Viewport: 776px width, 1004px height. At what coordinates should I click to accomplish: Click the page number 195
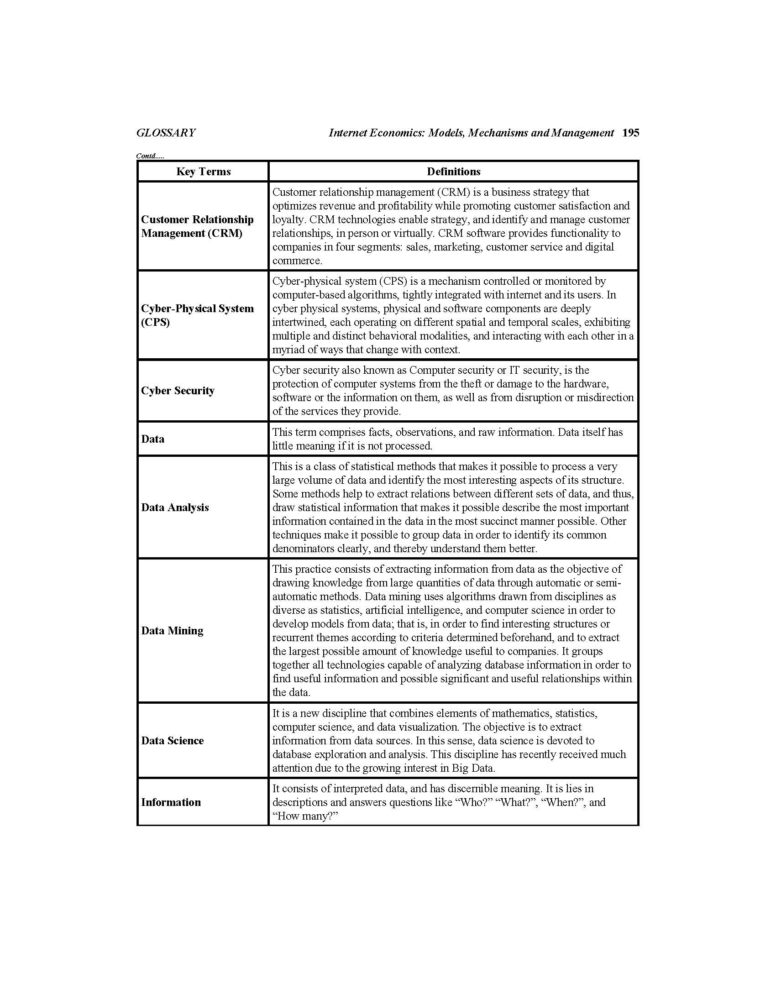pos(630,133)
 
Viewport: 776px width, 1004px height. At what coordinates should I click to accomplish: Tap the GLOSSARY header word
pos(166,133)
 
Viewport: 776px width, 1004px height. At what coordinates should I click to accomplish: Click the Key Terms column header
pos(203,172)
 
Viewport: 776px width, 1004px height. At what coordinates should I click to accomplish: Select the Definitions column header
pos(453,172)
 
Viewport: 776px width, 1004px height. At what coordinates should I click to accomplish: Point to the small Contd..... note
pos(150,156)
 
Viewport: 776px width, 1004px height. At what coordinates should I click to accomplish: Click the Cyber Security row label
pos(178,391)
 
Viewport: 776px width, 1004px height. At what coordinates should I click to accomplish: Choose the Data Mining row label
pos(172,631)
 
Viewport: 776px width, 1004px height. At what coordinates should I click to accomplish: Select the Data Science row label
pos(172,741)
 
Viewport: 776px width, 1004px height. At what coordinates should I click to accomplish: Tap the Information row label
pos(171,802)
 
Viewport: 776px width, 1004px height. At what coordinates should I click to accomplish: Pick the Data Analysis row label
pos(175,507)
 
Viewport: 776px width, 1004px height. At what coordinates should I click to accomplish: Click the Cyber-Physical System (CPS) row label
pos(197,315)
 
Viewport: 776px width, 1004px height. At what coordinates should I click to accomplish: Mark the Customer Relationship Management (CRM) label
pos(197,226)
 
